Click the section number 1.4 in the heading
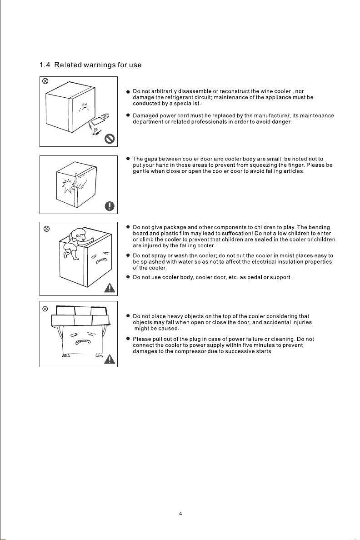click(x=46, y=65)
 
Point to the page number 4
click(x=180, y=513)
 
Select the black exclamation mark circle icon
click(x=109, y=206)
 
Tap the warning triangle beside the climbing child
click(x=109, y=287)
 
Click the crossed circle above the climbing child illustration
click(x=46, y=228)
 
